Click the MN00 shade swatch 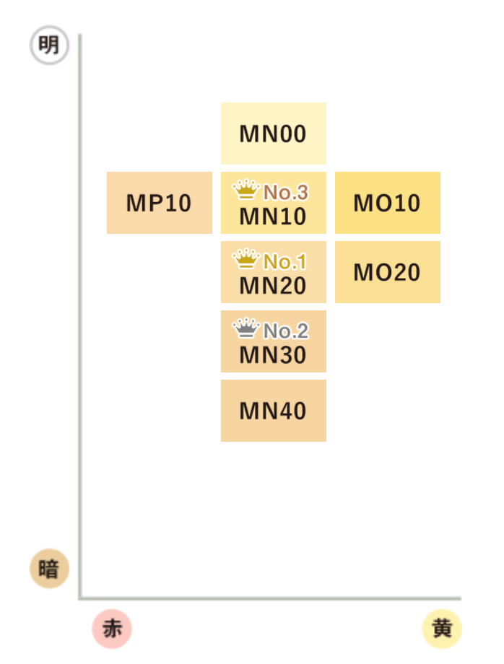pos(273,134)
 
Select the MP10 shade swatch pos(159,203)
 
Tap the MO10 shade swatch pos(387,203)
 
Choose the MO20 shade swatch pos(387,272)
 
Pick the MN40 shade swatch pos(273,411)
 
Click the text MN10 pos(273,217)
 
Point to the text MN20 pos(273,286)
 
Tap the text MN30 pos(273,355)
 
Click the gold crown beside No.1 pos(246,259)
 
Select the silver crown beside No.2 pos(246,328)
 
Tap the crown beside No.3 pos(246,190)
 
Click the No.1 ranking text pos(286,261)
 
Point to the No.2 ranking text pos(286,331)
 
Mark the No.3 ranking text pos(286,192)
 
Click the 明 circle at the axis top pos(48,46)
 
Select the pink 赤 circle pos(112,628)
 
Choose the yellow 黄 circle pos(441,628)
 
